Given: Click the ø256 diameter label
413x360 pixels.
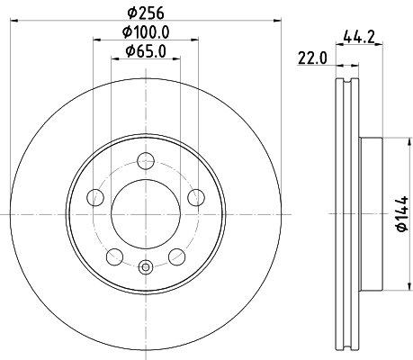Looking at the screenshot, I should click(x=147, y=13).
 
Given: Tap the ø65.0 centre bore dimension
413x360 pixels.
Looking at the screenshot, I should click(x=147, y=50).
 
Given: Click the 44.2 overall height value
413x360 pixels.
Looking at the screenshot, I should click(x=359, y=38).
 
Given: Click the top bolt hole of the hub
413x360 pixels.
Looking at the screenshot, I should click(x=146, y=161).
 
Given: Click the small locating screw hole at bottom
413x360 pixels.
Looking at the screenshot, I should click(x=146, y=265).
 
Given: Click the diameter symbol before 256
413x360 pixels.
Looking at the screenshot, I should click(x=131, y=13).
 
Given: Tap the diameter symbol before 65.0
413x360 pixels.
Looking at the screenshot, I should click(x=130, y=50).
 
